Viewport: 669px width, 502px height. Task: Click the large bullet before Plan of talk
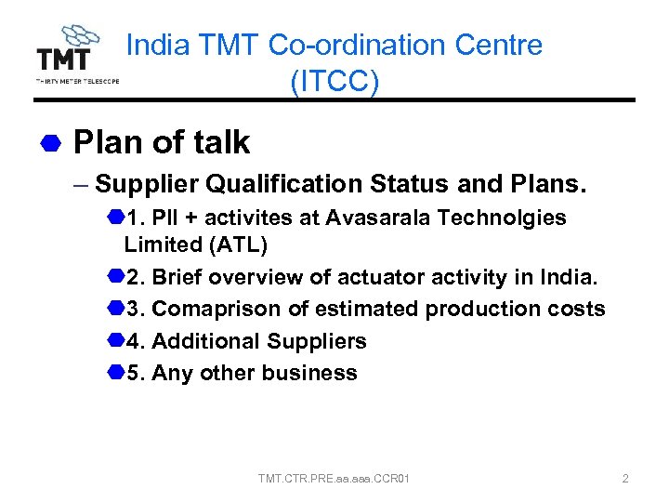pos(50,143)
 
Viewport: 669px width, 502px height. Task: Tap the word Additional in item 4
pos(205,341)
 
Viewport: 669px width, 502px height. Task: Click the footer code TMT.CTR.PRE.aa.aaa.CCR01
pos(334,479)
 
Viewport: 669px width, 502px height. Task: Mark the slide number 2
pos(625,479)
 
